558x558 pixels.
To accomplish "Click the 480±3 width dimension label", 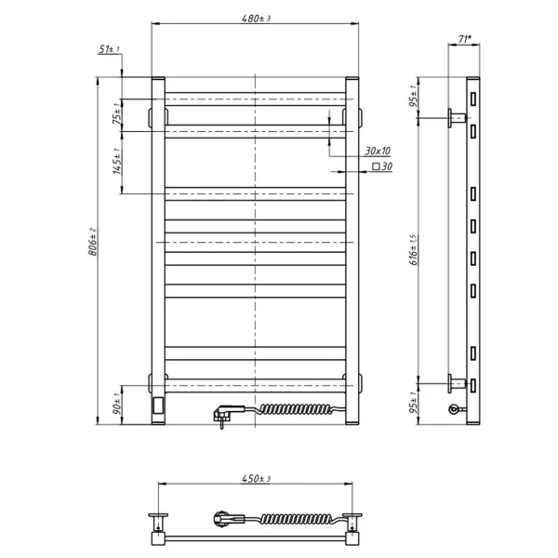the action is pos(256,19).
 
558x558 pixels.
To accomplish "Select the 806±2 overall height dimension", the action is pos(92,242).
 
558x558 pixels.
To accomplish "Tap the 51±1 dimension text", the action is pos(109,49).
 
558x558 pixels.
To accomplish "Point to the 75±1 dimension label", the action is pos(117,113).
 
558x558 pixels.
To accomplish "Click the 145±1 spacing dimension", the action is pos(117,161).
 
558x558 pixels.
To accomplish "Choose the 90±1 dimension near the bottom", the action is pos(117,404).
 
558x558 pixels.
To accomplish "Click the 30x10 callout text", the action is pos(378,151).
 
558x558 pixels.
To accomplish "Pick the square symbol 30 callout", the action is pos(382,166).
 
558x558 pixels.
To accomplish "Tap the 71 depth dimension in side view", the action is pos(464,39).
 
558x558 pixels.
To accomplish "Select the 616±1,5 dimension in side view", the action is pos(414,250).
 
